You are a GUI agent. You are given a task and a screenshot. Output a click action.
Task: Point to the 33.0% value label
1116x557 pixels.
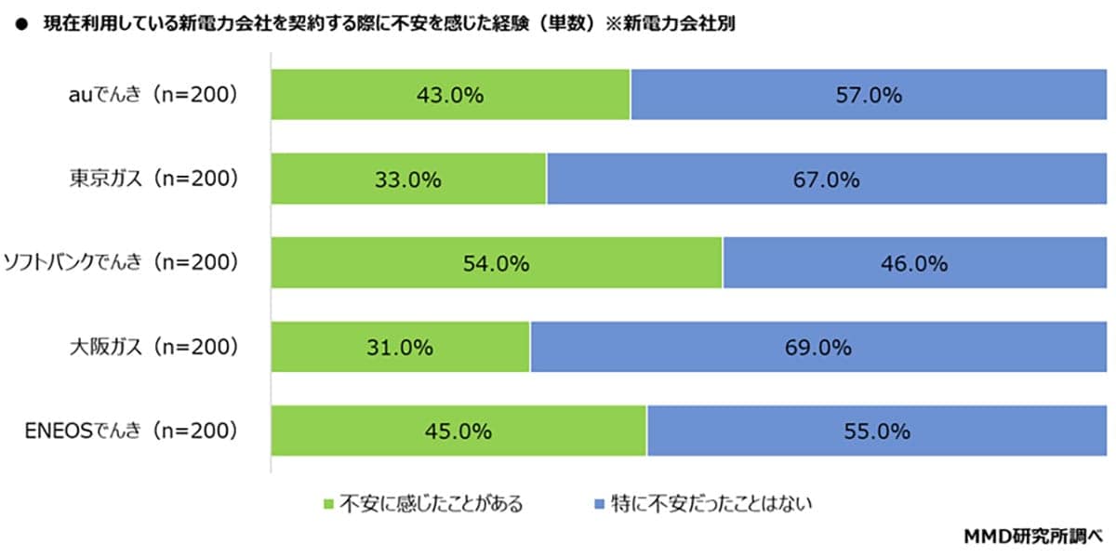(408, 179)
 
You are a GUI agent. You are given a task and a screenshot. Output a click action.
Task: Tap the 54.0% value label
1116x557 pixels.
(496, 263)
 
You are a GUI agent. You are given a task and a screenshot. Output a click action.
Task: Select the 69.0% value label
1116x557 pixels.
(819, 348)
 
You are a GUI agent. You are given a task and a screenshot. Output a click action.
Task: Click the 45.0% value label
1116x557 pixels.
(458, 431)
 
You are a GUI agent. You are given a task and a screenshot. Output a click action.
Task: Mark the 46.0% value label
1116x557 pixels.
(915, 263)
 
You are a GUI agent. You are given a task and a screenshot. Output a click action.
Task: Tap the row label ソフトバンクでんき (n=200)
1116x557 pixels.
(122, 263)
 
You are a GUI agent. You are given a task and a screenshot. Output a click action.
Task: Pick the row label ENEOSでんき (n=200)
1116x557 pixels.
(131, 431)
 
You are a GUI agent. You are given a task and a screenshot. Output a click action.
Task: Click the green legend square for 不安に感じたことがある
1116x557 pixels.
(327, 505)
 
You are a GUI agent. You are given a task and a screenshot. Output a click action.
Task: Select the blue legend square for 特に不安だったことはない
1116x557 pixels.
(599, 505)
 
